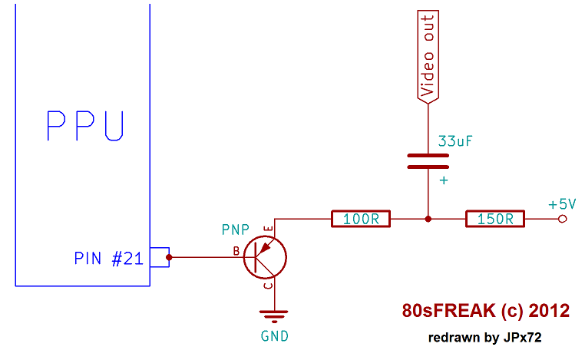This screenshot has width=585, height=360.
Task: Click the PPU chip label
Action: (84, 126)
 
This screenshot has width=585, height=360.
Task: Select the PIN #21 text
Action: (108, 259)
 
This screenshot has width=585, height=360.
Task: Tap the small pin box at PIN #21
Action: (159, 257)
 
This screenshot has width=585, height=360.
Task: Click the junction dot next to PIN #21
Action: (170, 257)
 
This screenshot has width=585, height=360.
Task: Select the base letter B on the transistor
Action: (236, 250)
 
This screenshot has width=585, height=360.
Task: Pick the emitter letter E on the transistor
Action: (266, 230)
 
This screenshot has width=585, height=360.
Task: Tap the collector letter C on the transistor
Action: (266, 286)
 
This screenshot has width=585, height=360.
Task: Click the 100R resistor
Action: (361, 219)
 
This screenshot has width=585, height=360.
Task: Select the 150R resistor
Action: (495, 219)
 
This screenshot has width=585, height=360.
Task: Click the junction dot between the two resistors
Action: (428, 219)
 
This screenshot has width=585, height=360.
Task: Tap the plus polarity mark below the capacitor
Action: (443, 180)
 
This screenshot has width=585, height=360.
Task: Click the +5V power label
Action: (562, 204)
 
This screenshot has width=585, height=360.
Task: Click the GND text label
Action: (275, 335)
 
